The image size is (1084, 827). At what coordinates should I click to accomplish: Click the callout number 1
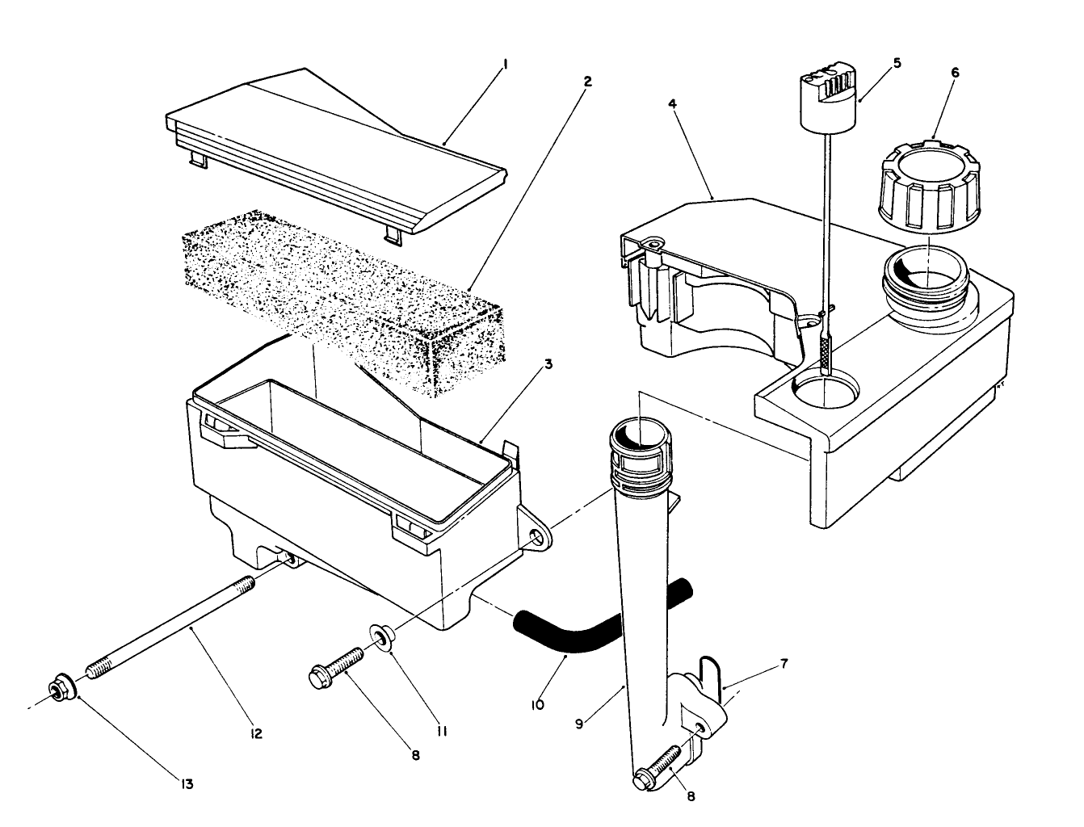(x=505, y=63)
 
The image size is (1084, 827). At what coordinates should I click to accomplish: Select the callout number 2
(x=587, y=82)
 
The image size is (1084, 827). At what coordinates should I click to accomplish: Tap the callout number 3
(x=548, y=364)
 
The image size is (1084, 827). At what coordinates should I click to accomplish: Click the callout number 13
(x=187, y=783)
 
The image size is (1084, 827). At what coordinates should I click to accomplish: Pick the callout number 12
(x=256, y=734)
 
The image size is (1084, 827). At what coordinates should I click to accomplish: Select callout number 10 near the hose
(x=538, y=704)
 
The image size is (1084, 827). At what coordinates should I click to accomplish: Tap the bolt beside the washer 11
(x=338, y=665)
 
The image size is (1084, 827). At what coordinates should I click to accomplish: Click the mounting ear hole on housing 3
(x=534, y=539)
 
